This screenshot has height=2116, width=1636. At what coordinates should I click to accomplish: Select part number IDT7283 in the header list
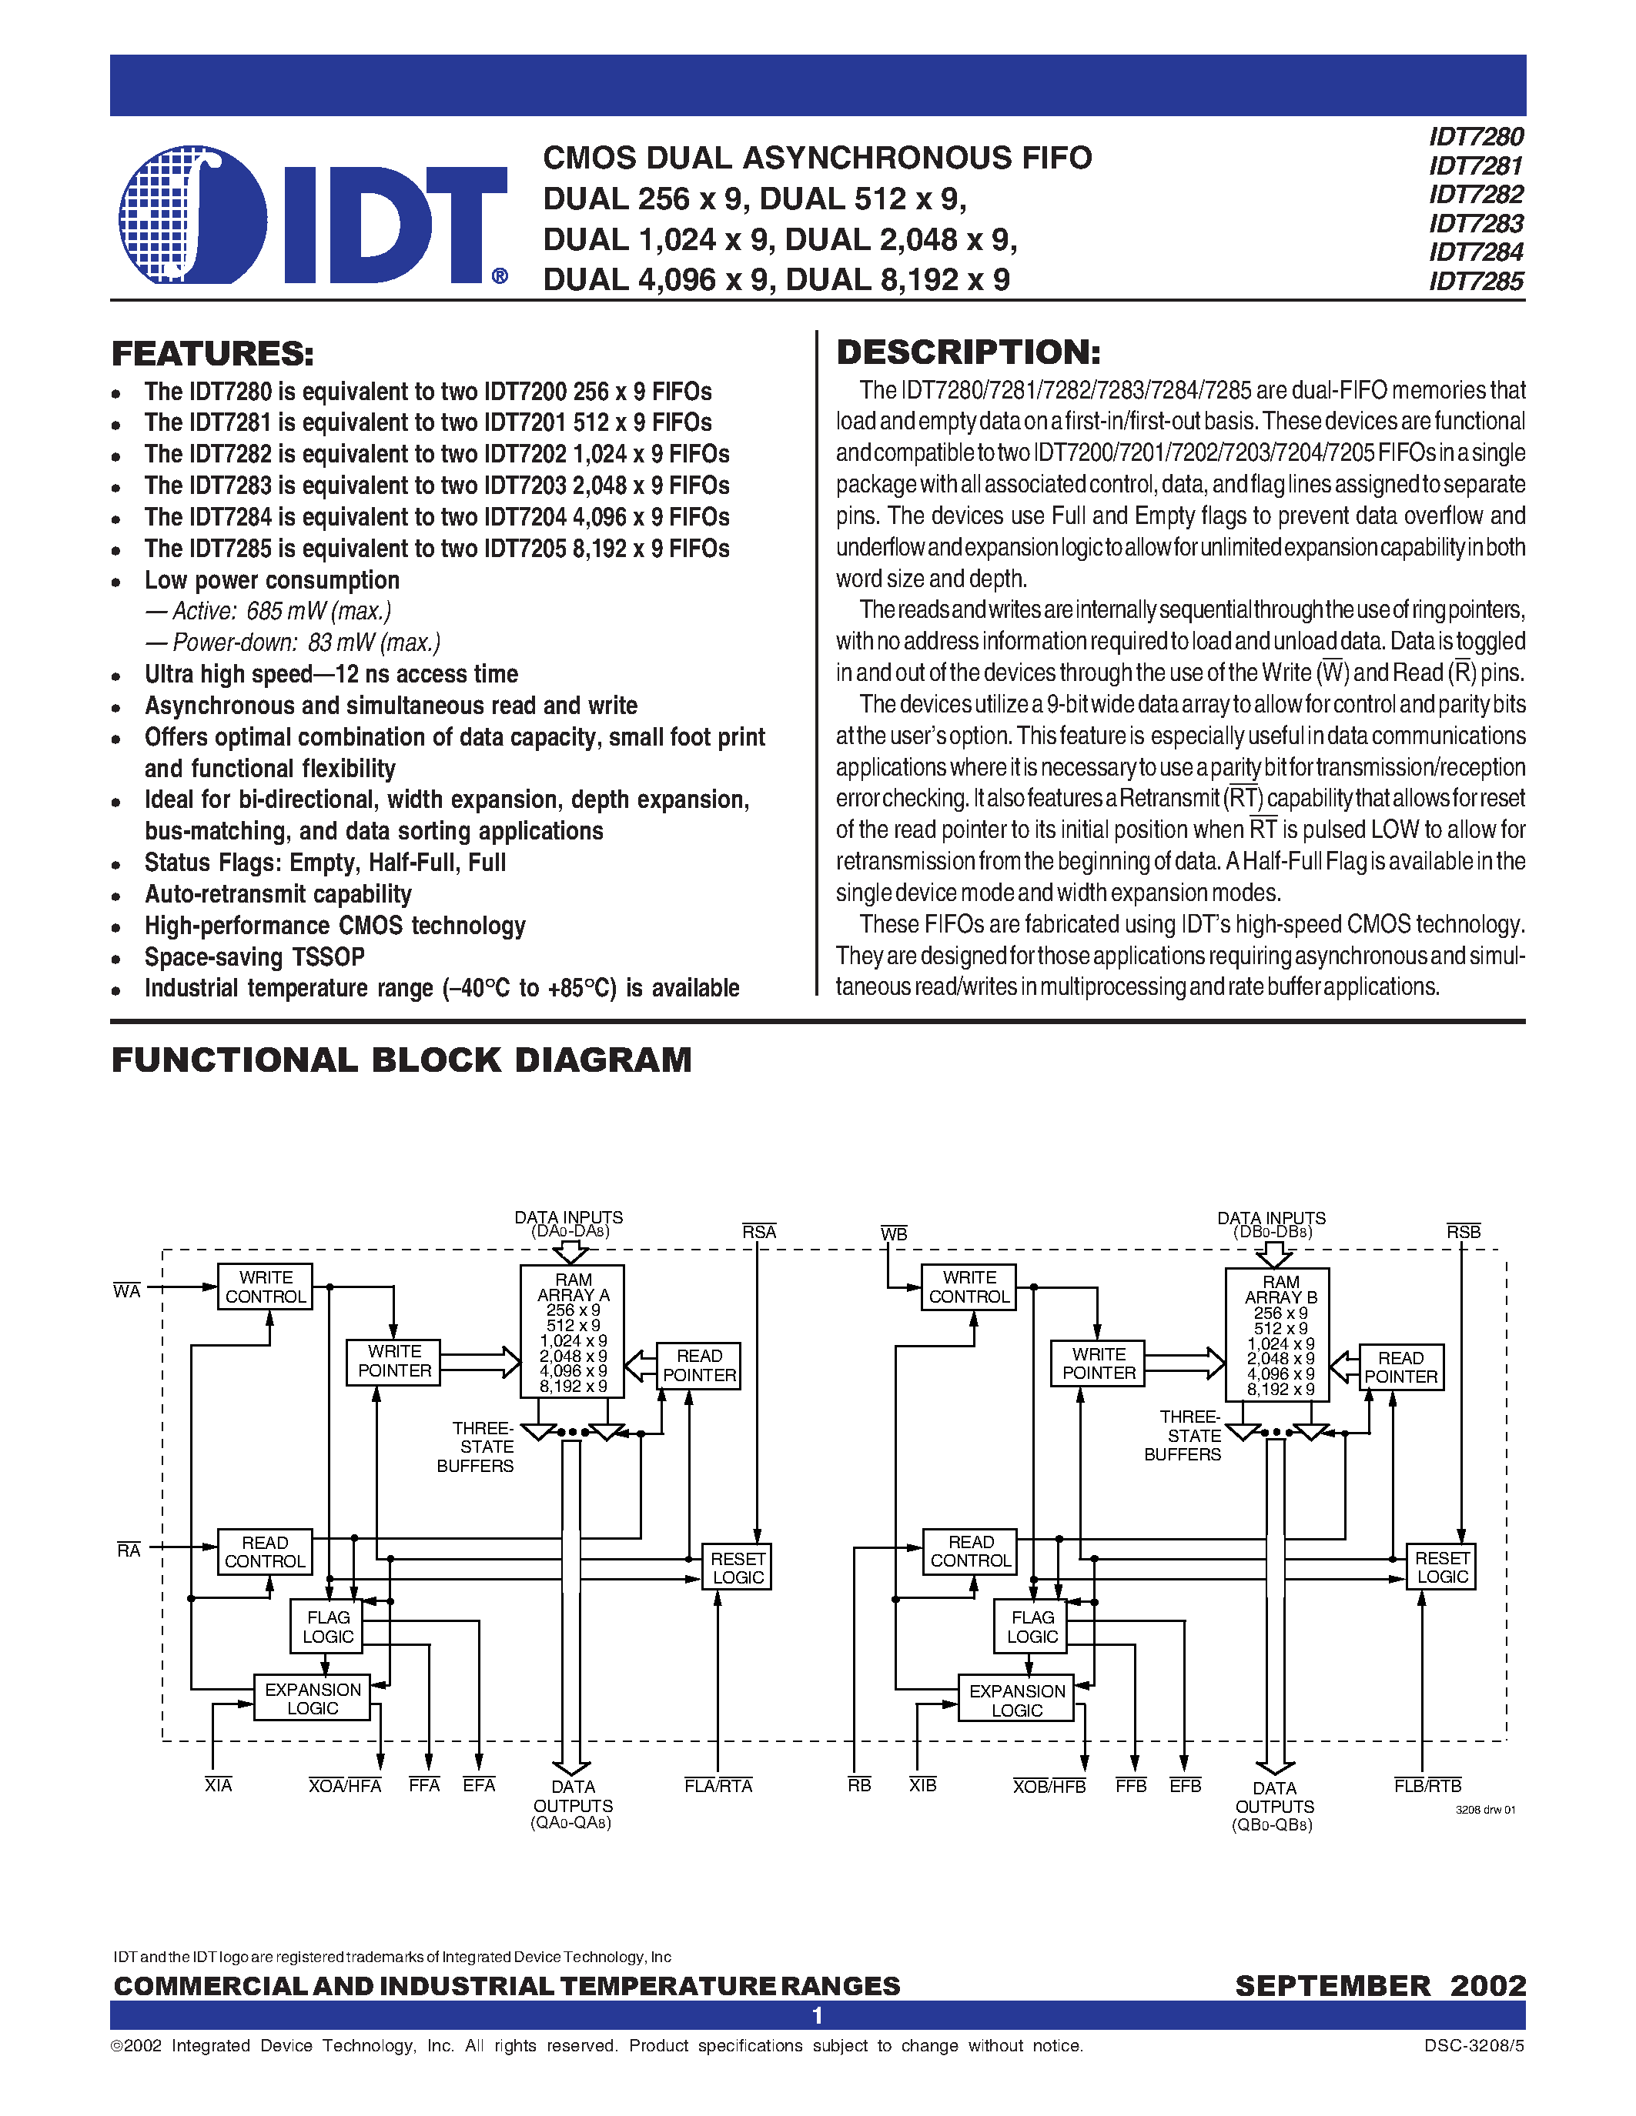(1475, 224)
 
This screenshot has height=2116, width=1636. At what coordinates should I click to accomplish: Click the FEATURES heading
(213, 354)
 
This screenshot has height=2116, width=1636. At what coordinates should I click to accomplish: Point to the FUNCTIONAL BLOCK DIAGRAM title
(401, 1060)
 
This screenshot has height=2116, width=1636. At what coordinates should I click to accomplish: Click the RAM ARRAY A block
(573, 1330)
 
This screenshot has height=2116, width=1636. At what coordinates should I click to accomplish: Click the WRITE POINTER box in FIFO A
(394, 1361)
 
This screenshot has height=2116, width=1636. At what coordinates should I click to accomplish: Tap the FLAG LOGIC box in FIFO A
(328, 1627)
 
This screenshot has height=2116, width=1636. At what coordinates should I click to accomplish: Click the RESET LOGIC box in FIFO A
(738, 1567)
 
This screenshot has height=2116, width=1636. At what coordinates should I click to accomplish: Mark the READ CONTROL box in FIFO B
(970, 1551)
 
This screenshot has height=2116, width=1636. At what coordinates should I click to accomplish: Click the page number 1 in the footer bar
(817, 2015)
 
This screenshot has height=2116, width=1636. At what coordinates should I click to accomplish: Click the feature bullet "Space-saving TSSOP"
(254, 957)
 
